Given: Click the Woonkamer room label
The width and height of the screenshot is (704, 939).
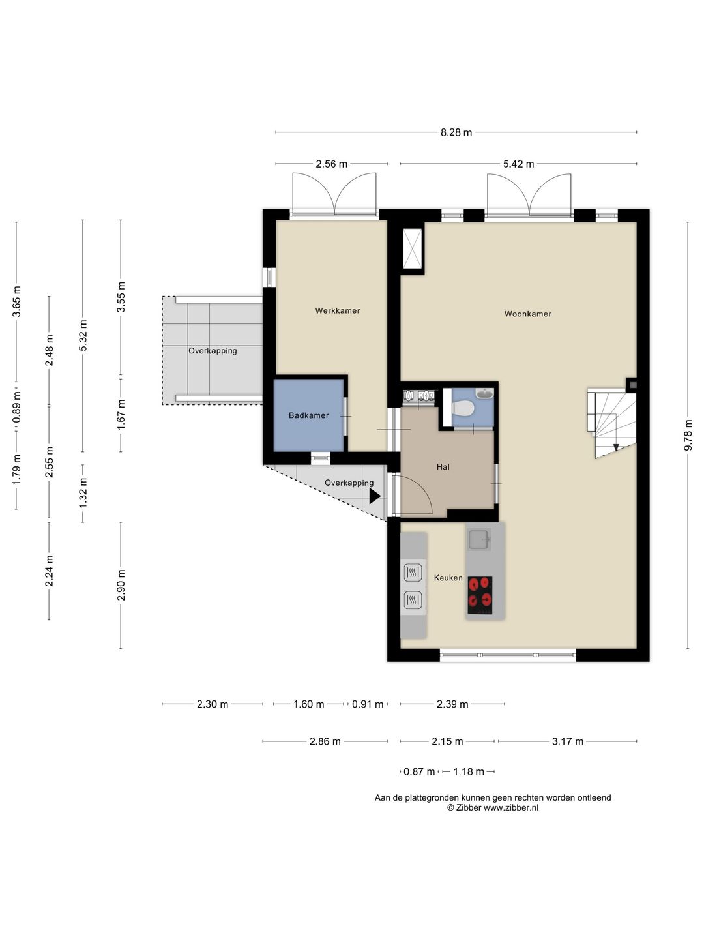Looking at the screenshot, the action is click(x=527, y=314).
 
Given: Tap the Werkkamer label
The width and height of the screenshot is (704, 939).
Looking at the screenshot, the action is click(x=337, y=310).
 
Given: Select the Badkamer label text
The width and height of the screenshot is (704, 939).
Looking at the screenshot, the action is click(x=308, y=415).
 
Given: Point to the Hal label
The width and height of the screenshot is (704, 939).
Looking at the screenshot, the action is click(x=443, y=467).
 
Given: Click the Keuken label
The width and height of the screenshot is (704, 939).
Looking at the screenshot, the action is click(x=448, y=578).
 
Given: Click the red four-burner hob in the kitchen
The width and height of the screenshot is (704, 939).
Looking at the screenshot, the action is click(x=480, y=595).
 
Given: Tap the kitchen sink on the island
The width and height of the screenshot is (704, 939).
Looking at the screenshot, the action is click(x=480, y=539).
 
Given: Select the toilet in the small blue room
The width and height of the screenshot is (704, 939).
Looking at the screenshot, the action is click(x=463, y=408).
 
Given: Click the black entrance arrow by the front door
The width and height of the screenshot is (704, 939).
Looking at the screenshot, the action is click(x=375, y=496).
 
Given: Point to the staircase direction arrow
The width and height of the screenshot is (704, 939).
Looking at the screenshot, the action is click(x=616, y=447).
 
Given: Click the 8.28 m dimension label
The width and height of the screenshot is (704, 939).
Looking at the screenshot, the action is click(x=456, y=132).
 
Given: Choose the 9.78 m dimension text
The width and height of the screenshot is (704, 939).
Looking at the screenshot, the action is click(x=688, y=435).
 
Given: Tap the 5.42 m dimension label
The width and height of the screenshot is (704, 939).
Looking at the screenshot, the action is click(x=518, y=164).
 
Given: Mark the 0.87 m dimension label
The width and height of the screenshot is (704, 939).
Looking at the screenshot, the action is click(x=419, y=771).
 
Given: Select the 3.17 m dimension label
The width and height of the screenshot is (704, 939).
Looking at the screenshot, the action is click(x=568, y=741).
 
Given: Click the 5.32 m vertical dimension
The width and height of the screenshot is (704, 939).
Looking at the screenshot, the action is click(x=83, y=335).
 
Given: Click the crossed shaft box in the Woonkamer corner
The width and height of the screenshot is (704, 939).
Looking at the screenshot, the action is click(x=413, y=248).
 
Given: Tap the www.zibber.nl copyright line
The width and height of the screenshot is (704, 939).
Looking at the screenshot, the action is click(x=492, y=808).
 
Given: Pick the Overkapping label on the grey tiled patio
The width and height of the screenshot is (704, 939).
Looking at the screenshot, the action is click(x=213, y=351).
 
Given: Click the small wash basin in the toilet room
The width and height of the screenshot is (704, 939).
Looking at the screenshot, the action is click(x=485, y=393).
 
